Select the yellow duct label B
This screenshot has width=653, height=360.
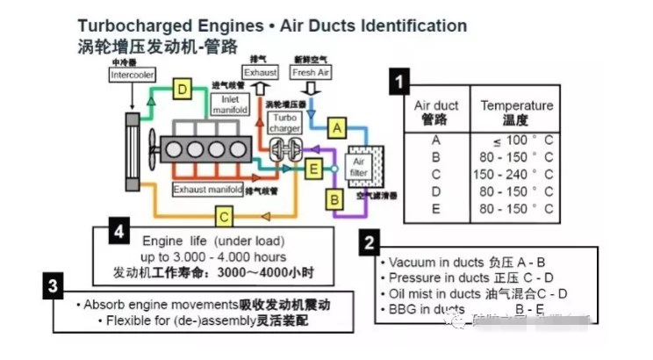(x=334, y=200)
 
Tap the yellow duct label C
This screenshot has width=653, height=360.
(x=225, y=215)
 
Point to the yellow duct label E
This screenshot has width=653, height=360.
(x=312, y=168)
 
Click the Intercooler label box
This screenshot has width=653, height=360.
(x=132, y=76)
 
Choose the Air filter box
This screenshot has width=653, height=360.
(x=358, y=167)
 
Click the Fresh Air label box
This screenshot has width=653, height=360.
(x=310, y=73)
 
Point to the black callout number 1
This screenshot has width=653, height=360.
(x=400, y=83)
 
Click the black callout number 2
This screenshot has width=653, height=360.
(x=370, y=241)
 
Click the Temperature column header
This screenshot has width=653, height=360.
(x=516, y=112)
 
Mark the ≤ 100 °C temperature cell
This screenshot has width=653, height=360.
(x=520, y=140)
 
